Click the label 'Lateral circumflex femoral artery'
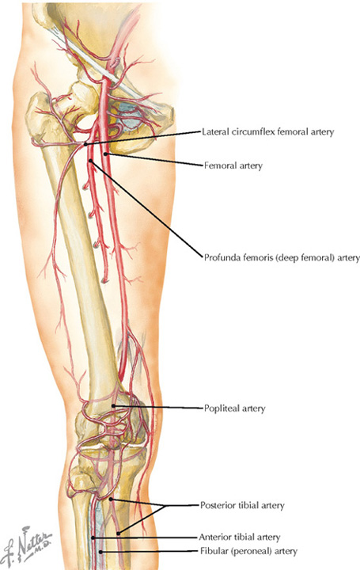[267, 132]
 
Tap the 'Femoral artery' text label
[233, 165]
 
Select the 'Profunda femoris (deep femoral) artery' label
[282, 258]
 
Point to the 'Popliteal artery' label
[234, 408]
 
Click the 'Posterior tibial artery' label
[242, 505]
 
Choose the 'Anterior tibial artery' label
[240, 537]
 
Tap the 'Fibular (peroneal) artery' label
[248, 552]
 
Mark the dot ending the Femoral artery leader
[105, 154]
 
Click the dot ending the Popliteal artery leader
[113, 405]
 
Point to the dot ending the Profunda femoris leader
[90, 160]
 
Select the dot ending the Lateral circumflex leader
[85, 144]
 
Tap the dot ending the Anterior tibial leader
[93, 538]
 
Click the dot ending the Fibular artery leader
[101, 552]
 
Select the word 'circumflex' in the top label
[254, 132]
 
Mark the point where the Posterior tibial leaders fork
[165, 506]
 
